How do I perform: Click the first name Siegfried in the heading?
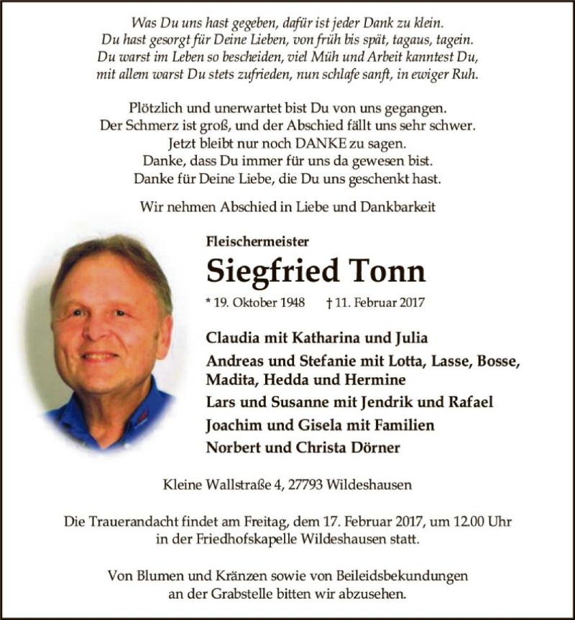coord(272,272)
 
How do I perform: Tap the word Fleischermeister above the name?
coord(257,243)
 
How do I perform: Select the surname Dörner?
coord(374,447)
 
